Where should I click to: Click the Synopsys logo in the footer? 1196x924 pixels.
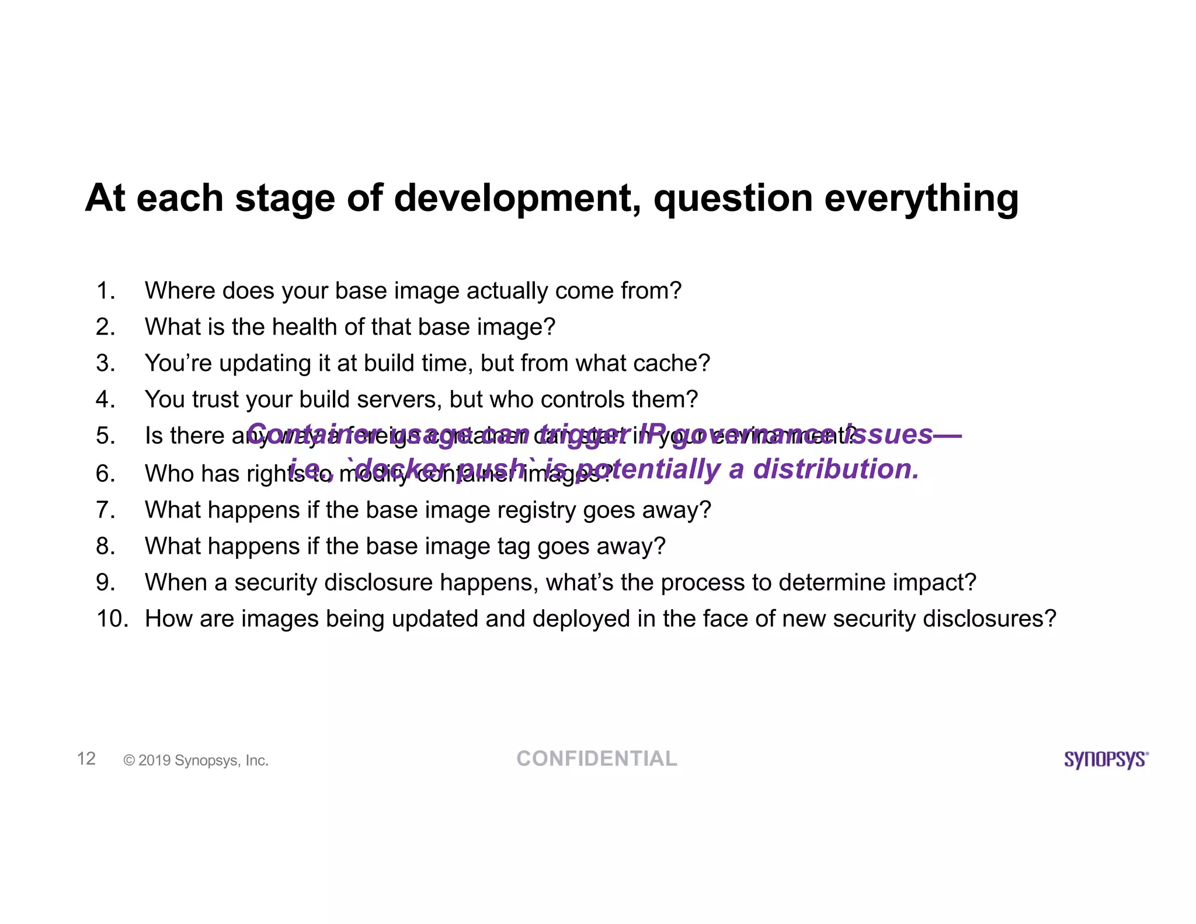[1105, 759]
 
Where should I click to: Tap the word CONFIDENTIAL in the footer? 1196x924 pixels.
[596, 759]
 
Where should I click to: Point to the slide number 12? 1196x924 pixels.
[86, 758]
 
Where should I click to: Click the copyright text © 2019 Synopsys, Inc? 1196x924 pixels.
[196, 760]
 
